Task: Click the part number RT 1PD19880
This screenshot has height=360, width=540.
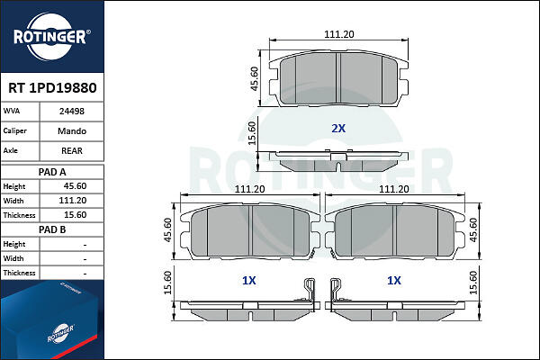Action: click(x=52, y=88)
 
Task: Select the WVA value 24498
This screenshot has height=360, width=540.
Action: click(x=72, y=112)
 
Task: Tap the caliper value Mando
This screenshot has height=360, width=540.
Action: click(x=72, y=130)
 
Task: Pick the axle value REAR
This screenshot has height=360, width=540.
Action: click(x=72, y=150)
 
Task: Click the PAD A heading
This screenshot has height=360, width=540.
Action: click(x=52, y=172)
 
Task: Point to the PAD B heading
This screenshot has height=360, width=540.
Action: click(x=52, y=229)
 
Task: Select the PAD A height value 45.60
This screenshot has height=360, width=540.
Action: click(x=75, y=186)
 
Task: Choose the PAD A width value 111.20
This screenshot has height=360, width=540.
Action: click(x=73, y=201)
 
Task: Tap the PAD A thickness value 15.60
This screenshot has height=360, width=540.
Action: click(x=75, y=215)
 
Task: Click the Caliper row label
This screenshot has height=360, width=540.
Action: click(x=14, y=130)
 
